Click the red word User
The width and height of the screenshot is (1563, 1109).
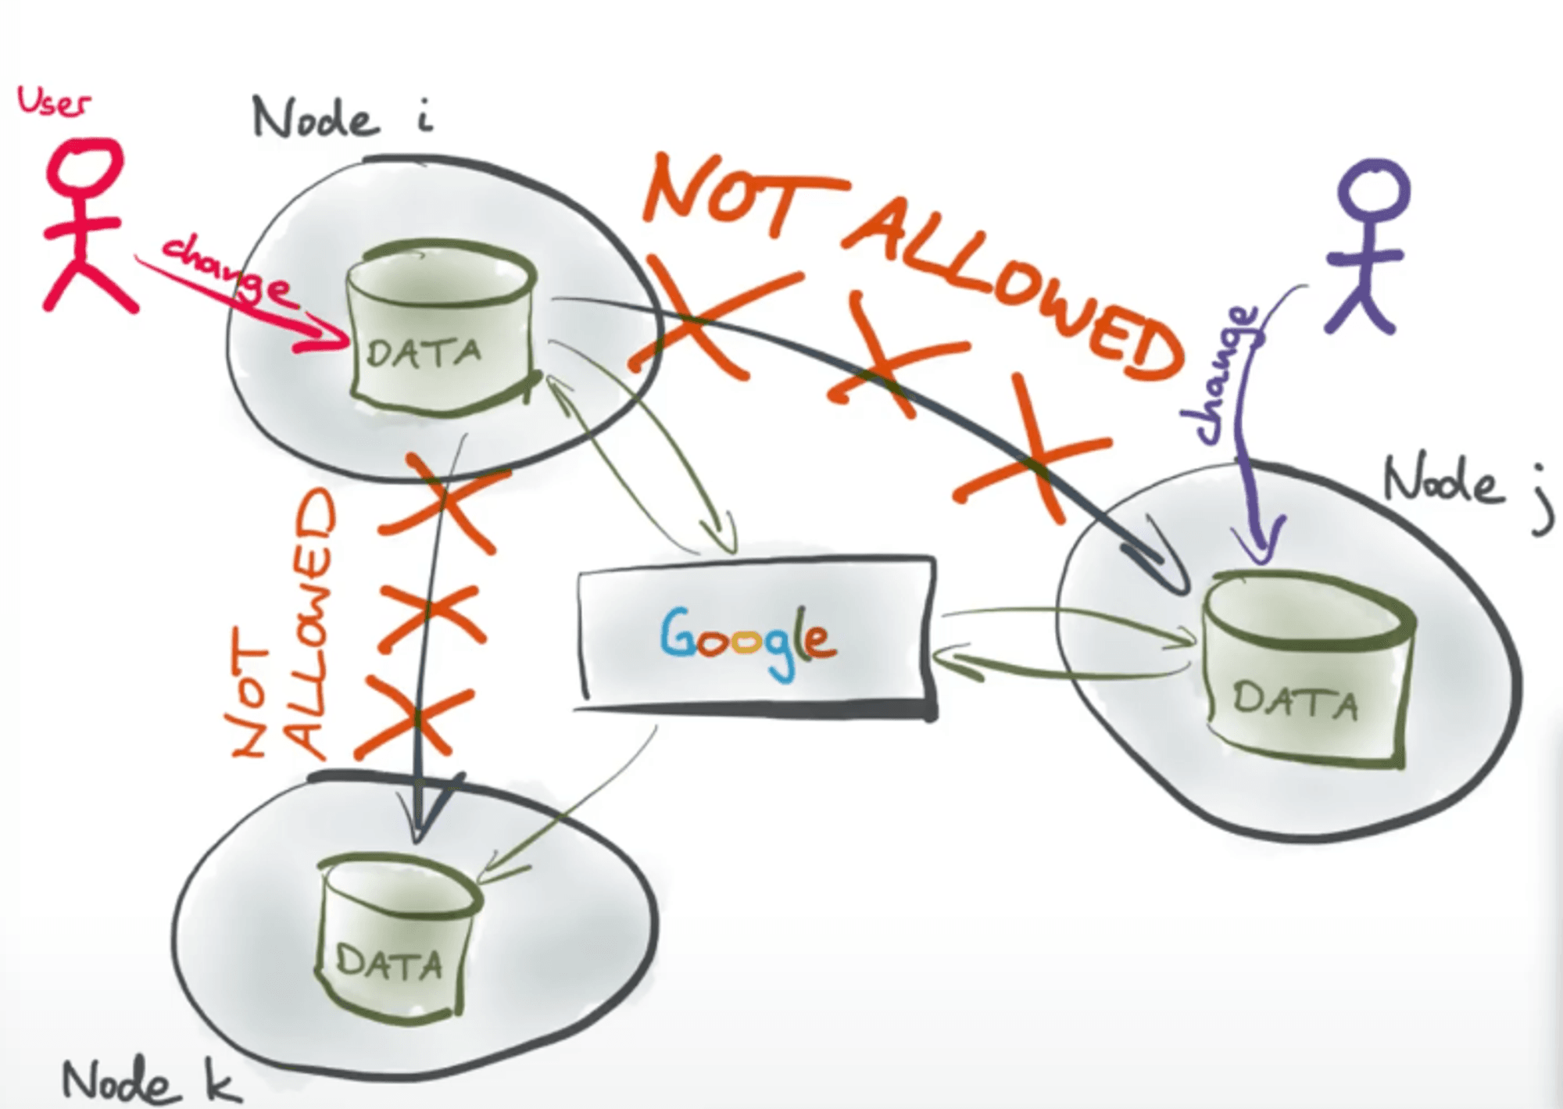[53, 102]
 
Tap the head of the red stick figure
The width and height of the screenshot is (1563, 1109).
[84, 166]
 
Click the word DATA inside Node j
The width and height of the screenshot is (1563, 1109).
[1295, 700]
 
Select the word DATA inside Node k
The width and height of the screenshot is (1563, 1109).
[389, 963]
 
